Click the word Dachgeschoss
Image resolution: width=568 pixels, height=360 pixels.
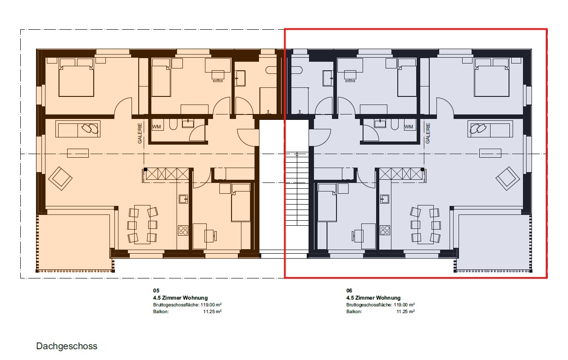point(67,346)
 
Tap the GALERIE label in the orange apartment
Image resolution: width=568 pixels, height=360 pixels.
point(140,133)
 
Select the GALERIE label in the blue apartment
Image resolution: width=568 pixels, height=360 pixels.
point(428,133)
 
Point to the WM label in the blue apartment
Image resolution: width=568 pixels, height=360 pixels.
point(409,127)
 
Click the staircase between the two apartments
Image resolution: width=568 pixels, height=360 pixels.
point(296,189)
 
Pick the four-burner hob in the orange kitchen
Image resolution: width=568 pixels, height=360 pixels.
point(183,230)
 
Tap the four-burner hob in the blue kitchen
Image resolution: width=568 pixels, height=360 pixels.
point(385,230)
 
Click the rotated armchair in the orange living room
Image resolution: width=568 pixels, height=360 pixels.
point(60,178)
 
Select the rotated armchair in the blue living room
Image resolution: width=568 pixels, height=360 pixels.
point(508,178)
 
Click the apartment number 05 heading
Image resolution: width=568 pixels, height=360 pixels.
point(156,291)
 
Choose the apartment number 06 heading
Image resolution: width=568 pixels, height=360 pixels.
point(349,291)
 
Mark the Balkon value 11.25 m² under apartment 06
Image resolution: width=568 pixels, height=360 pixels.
point(405,311)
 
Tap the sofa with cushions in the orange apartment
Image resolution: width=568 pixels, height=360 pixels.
point(78,129)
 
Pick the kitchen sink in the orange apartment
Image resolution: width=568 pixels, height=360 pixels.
point(183,198)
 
